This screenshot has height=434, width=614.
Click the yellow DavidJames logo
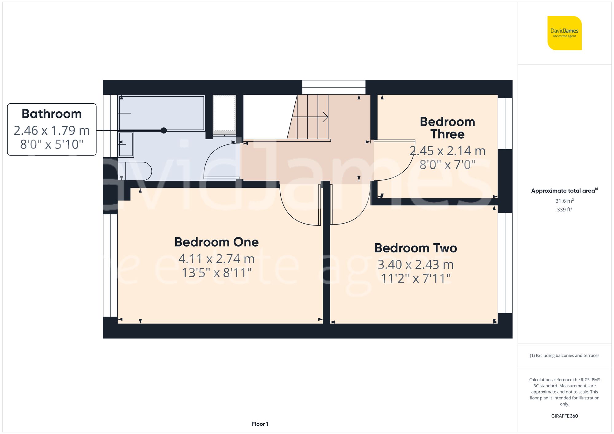coord(564,33)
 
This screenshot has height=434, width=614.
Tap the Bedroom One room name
coord(216,242)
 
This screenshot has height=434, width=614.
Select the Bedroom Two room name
coord(415,248)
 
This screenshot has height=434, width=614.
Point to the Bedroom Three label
coord(447,128)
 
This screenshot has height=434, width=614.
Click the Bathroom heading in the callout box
coord(52,114)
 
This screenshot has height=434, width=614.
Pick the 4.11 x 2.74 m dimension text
coord(216,259)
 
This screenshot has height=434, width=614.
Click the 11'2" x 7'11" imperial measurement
coord(416,278)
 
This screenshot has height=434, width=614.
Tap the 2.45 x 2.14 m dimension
coord(447,151)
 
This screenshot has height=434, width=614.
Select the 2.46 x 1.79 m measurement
coord(52,130)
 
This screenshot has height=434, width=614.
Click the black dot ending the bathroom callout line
coord(164,130)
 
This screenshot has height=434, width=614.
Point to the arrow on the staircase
coord(325,117)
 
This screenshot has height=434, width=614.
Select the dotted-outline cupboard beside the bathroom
coord(224,113)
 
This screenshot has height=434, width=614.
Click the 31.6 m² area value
coord(564,201)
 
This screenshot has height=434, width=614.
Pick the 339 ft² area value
coord(564,209)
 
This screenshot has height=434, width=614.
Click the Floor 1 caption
coord(260,424)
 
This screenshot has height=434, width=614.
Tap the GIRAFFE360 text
coord(564,416)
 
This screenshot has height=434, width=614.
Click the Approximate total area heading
coord(564,190)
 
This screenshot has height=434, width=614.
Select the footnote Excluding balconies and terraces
coord(564,355)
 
